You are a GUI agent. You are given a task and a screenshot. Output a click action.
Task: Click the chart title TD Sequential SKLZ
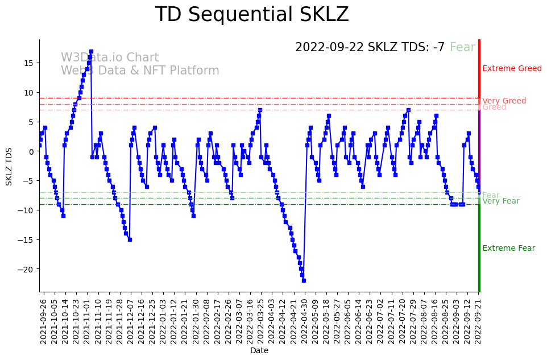point(252,15)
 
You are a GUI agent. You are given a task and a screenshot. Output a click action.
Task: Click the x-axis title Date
point(259,351)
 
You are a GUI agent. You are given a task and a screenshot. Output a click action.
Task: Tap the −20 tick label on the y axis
point(26,269)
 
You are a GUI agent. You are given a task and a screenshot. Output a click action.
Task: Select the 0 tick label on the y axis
point(32,151)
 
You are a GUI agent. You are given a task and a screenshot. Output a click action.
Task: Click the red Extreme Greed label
point(512,69)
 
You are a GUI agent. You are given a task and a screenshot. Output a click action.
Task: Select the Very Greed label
point(504,101)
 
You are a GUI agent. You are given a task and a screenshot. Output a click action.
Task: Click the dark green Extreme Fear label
point(508,249)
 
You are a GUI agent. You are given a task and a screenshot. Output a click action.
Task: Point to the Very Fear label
point(500,201)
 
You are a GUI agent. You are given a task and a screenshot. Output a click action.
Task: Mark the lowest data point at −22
point(304,280)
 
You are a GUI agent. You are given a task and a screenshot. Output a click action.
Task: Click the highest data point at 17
point(91,51)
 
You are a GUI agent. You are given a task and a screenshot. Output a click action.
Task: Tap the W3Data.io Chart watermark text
point(110,58)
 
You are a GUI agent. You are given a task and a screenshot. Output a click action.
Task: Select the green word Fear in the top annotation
point(462,48)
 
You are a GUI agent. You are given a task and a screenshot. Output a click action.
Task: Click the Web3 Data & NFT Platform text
point(140,71)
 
